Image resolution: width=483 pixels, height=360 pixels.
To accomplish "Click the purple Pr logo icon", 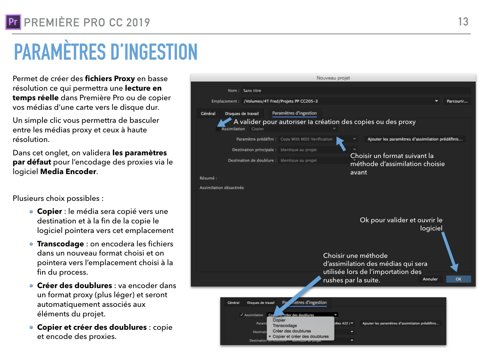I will point(13,22).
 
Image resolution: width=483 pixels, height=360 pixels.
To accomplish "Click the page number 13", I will point(463,21).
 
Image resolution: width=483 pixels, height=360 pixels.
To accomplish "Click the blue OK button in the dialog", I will point(458,279).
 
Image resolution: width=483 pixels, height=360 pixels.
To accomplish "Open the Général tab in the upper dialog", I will point(208,114).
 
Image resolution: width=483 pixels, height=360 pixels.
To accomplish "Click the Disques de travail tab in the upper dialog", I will point(242,114).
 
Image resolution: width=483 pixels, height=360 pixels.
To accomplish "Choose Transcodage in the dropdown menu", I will point(285,326).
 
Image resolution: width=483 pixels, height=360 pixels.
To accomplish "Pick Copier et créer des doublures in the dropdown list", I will point(301,336).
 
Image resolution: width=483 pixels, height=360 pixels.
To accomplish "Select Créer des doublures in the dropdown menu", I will point(292,331).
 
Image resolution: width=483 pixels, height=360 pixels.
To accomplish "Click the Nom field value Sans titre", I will point(252,91).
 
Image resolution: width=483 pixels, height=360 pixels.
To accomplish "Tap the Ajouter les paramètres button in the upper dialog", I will point(415,139).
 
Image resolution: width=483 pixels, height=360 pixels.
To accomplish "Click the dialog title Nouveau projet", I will point(333,78).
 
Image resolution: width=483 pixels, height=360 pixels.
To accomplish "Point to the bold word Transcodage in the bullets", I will point(60,244).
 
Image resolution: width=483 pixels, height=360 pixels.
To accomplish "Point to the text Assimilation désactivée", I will point(221,188).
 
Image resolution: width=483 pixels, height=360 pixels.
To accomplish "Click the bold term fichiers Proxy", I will point(110,79).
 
